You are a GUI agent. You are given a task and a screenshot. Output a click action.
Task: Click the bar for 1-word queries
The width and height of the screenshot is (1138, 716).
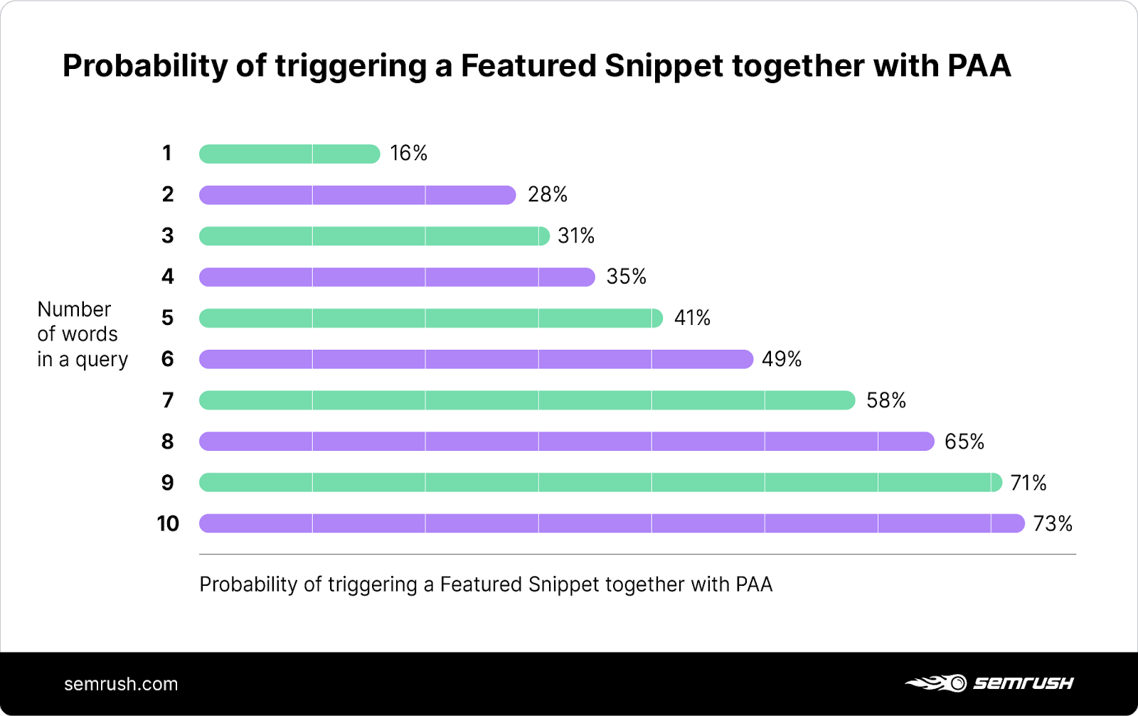coord(289,154)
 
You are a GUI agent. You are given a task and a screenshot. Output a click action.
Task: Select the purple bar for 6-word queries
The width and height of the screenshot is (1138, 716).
coord(475,359)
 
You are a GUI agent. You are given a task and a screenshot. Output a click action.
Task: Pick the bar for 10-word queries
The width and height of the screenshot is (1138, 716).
coord(611,523)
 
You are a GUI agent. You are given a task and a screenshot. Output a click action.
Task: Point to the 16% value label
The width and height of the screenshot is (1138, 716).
coord(408,154)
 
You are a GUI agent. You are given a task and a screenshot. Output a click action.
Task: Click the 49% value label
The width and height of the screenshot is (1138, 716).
coord(782,359)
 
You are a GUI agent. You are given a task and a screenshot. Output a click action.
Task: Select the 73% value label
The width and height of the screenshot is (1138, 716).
coord(1053,524)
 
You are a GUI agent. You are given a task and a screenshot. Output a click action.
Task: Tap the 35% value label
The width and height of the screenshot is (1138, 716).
coord(626,277)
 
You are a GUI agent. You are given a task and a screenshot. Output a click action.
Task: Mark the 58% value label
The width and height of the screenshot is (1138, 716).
coord(886,400)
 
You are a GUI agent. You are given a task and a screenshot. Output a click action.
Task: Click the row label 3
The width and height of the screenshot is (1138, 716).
coord(167,235)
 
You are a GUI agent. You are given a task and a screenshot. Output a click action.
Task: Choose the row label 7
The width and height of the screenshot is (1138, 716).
coord(167,400)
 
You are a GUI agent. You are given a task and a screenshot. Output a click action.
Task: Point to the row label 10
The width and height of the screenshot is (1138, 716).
coord(168,524)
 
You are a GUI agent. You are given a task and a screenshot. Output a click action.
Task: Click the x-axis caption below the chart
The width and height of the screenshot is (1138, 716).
coord(486,584)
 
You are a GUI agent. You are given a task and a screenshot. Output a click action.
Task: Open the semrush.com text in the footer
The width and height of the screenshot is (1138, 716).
coord(121,684)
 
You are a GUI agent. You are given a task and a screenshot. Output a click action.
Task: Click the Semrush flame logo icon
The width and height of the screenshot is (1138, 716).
coord(936,683)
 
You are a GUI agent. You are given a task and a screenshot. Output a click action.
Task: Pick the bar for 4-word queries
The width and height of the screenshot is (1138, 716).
coord(396,277)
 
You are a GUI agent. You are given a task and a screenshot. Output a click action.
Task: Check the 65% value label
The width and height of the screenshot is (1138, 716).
coord(964,442)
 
